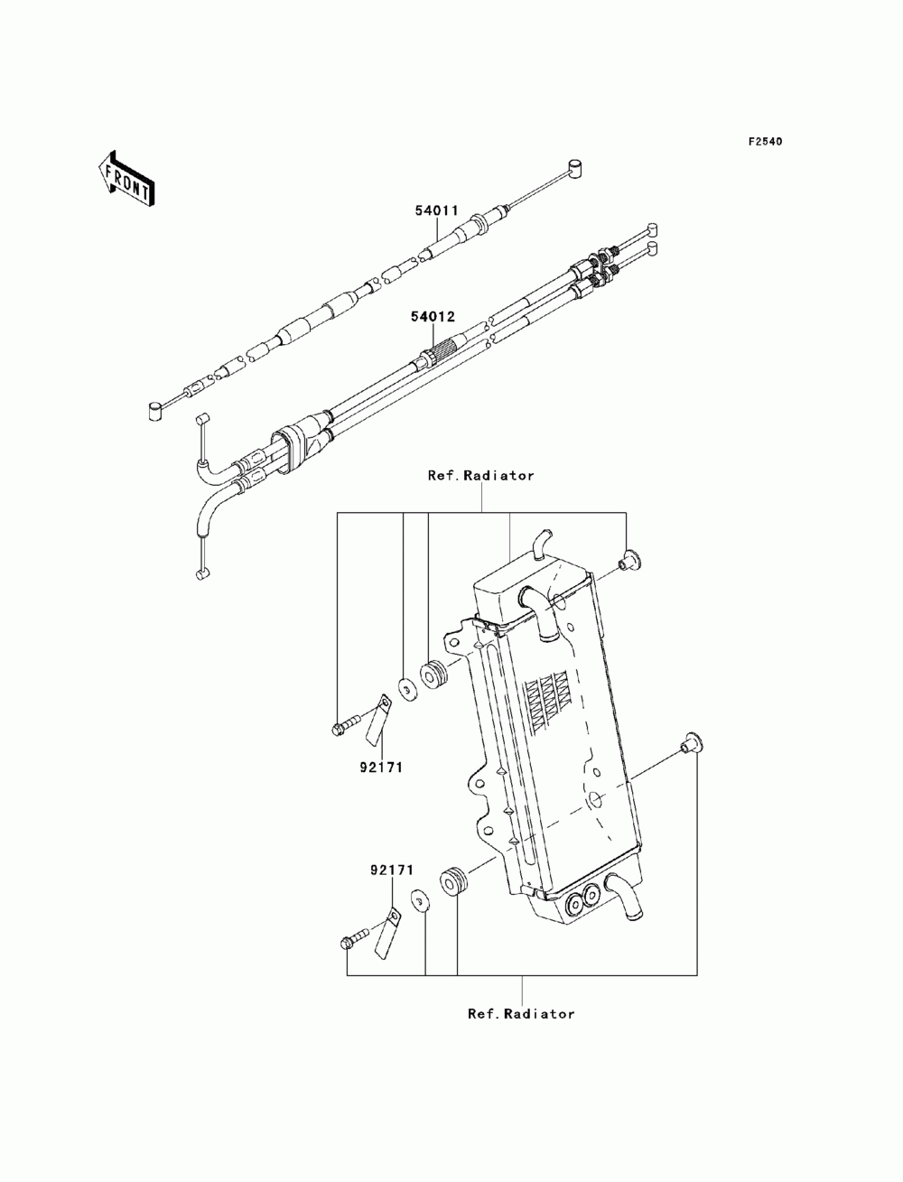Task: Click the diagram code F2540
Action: click(x=764, y=142)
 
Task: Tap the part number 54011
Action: click(x=436, y=210)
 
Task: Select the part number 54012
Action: click(x=434, y=318)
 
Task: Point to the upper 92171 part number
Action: click(x=381, y=767)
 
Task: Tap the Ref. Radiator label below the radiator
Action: click(x=521, y=1013)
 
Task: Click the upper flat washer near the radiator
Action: click(x=406, y=690)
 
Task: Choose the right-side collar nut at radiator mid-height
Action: click(x=693, y=741)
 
